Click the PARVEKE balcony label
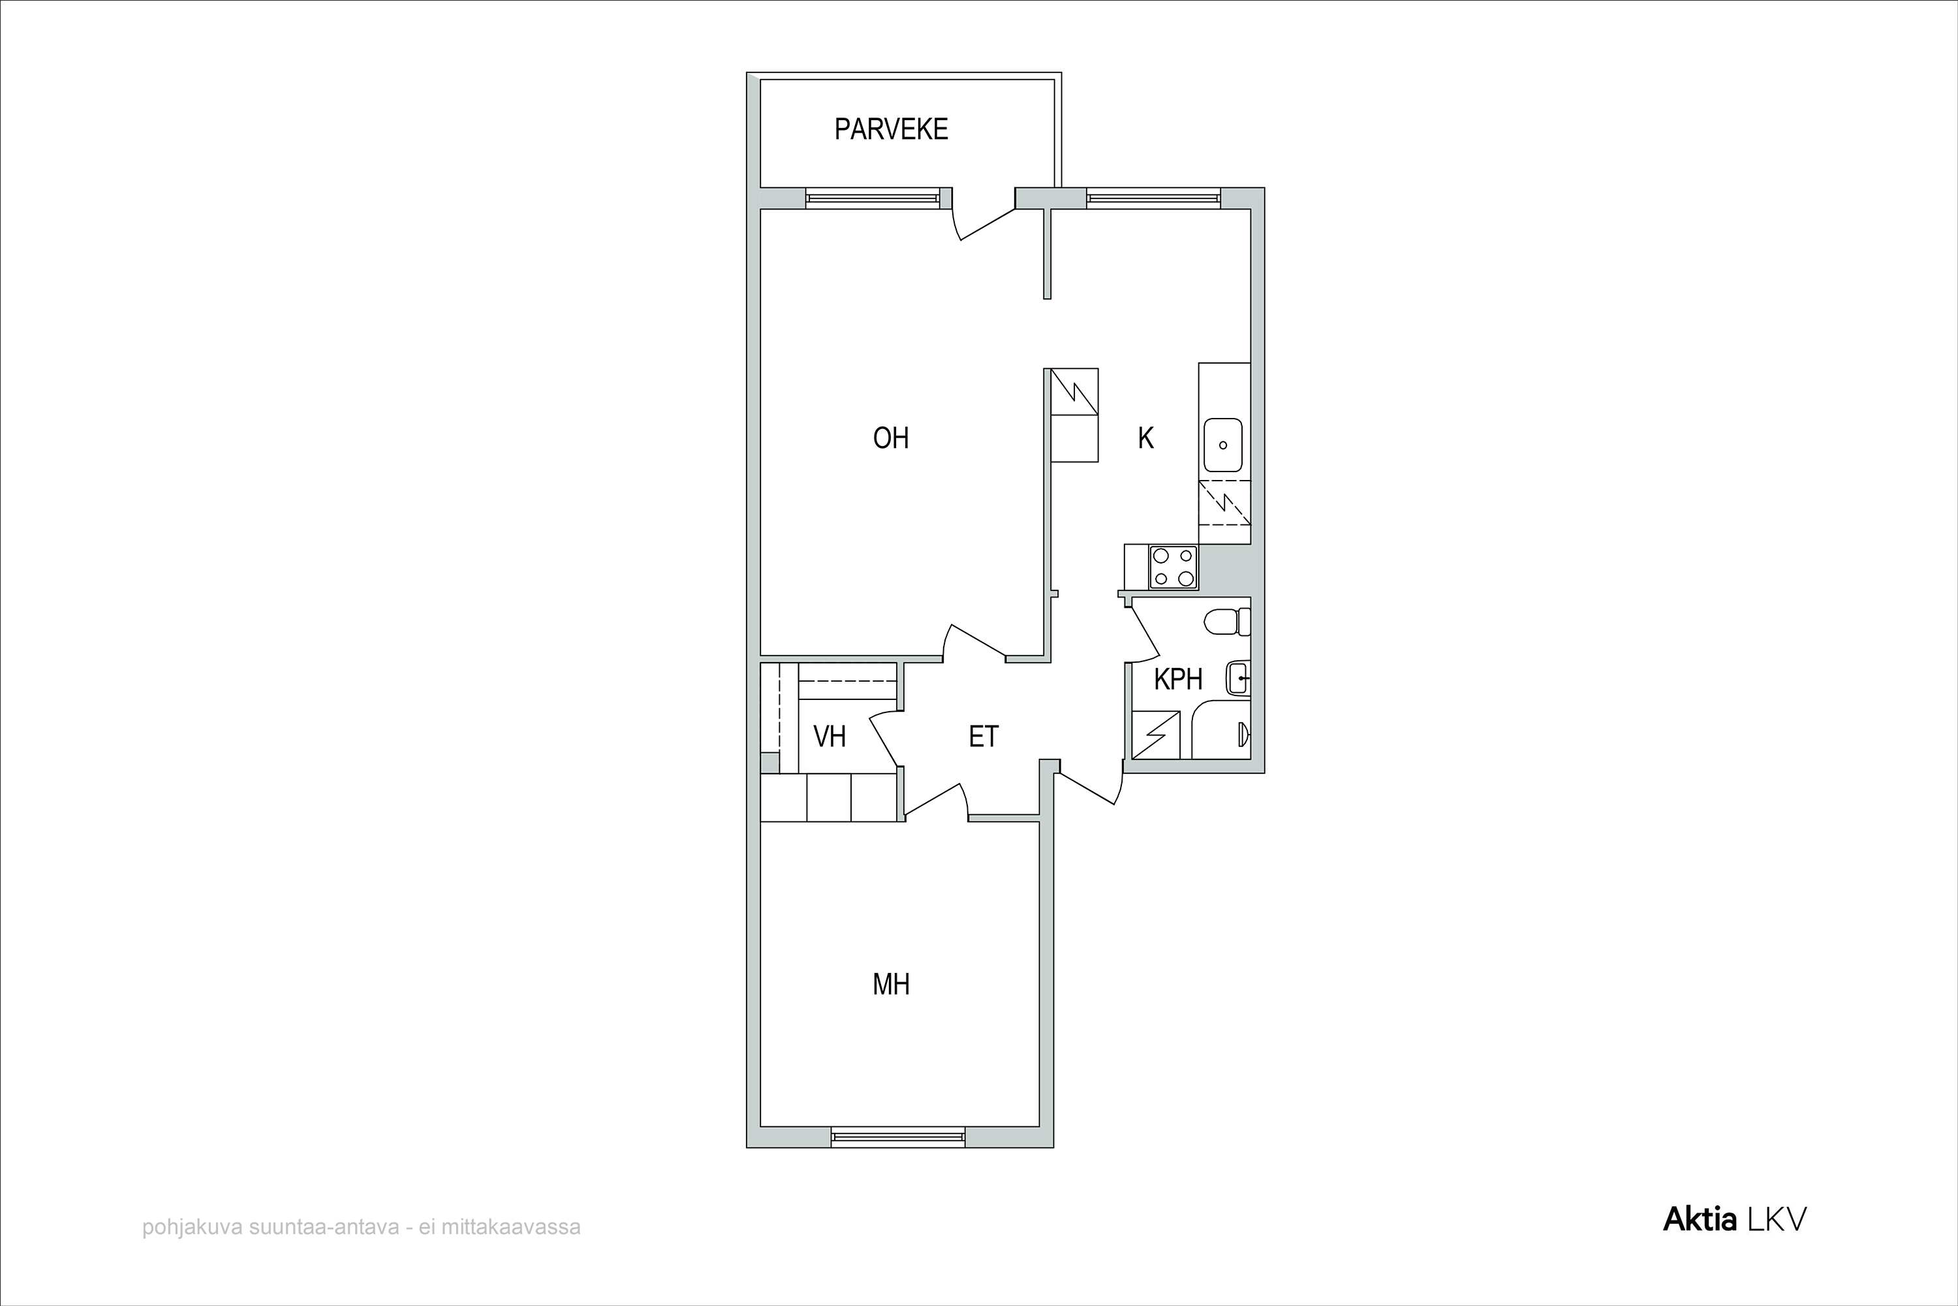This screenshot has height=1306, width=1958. click(x=891, y=129)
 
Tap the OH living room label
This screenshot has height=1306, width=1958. click(x=891, y=438)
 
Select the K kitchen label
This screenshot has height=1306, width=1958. click(x=1146, y=438)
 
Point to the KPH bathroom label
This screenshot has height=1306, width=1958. click(x=1178, y=680)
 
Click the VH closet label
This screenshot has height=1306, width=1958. click(x=829, y=737)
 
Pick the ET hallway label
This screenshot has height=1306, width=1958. click(x=983, y=737)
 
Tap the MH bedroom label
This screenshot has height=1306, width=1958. click(x=891, y=985)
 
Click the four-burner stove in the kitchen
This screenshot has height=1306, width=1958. click(x=1173, y=567)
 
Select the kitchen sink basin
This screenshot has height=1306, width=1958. click(x=1223, y=445)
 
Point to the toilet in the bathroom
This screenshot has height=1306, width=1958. click(x=1227, y=622)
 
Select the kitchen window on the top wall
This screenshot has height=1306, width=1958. click(x=1153, y=199)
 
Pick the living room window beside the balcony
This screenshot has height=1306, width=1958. click(x=873, y=199)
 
